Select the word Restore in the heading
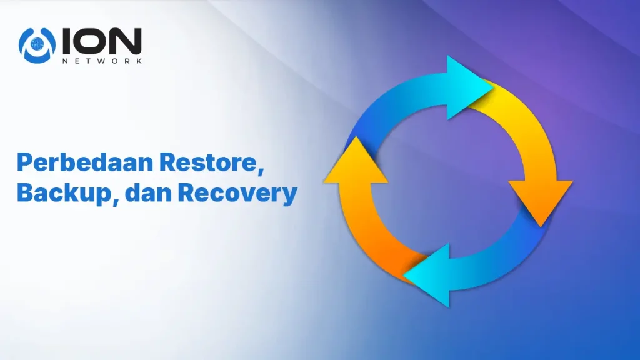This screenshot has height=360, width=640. [x=208, y=162]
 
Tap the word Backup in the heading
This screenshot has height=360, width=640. [x=64, y=192]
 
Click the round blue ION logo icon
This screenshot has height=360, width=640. [x=37, y=45]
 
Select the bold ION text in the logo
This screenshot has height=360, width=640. [x=102, y=41]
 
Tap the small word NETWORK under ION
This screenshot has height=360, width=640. [x=102, y=61]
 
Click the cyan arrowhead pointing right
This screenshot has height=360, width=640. [x=469, y=87]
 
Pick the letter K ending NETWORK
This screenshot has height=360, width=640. [x=139, y=61]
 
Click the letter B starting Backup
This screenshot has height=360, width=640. [x=24, y=192]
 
